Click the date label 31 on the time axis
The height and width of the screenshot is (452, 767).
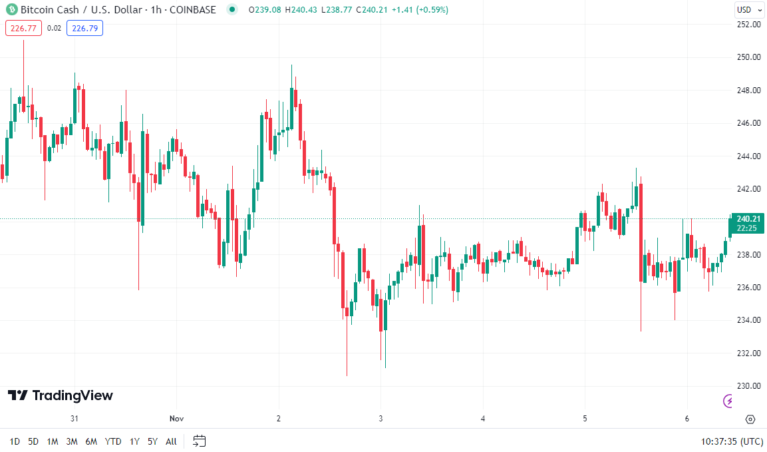click(75, 419)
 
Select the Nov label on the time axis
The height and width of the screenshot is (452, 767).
click(176, 419)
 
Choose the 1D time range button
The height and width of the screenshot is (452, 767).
click(15, 441)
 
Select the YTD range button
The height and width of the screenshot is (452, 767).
click(114, 441)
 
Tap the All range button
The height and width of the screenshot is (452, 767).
click(171, 441)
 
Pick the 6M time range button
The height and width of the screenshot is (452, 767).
click(91, 441)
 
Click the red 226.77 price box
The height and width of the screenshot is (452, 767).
click(24, 28)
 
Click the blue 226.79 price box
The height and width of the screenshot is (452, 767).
click(84, 28)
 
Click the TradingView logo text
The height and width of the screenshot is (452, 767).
click(61, 395)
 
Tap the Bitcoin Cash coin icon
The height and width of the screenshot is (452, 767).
click(11, 10)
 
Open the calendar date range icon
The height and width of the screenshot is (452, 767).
click(200, 441)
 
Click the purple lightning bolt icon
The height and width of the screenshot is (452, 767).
click(729, 401)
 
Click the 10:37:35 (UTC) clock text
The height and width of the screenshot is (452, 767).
click(732, 441)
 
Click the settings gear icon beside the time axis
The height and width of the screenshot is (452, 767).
click(750, 419)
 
